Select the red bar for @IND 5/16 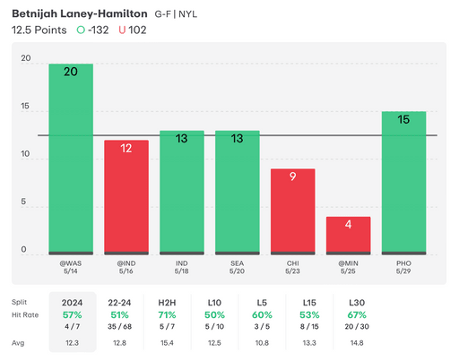pos(126,197)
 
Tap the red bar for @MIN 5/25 pos(348,236)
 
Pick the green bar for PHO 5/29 pos(403,183)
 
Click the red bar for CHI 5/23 pos(293,211)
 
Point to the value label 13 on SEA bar pos(238,139)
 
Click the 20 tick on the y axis pos(25,59)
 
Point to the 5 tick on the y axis pos(25,202)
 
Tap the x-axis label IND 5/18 pos(182,269)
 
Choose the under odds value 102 pos(137,30)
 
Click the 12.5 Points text pos(40,30)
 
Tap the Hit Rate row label pos(27,316)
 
